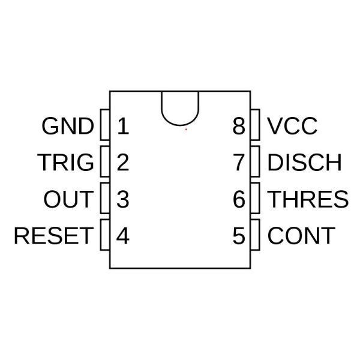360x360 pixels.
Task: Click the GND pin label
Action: coord(68,126)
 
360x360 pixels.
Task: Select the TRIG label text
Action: coord(65,163)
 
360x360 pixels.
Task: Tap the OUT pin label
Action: coord(68,199)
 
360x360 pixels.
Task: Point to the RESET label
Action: coord(54,236)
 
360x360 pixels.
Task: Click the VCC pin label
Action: coord(292,126)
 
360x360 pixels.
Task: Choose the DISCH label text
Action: coord(304,163)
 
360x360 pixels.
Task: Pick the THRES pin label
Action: coord(308,199)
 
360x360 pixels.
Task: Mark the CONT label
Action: coord(301,236)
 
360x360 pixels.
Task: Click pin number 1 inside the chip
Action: coord(123,126)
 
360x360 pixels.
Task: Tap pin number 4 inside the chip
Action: coord(123,236)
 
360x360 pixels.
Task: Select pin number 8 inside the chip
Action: coord(239,126)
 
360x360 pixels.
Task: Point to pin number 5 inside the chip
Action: coord(239,236)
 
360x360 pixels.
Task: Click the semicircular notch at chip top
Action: coord(180,125)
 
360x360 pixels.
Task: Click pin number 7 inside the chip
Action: coord(239,163)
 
